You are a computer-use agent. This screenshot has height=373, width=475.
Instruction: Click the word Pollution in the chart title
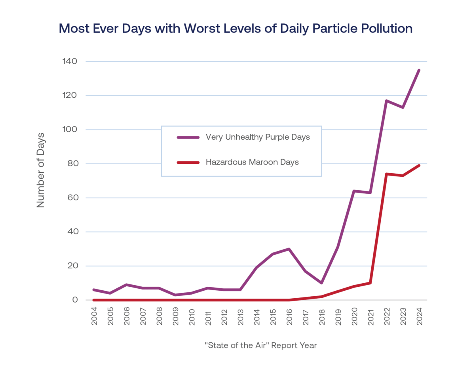(x=382, y=29)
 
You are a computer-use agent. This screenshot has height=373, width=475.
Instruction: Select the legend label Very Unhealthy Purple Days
(x=258, y=137)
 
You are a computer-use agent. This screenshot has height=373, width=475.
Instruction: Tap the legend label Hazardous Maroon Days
(x=252, y=162)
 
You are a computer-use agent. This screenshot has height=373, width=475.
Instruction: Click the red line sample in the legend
(x=188, y=162)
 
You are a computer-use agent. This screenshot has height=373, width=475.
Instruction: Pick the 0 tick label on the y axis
(x=74, y=300)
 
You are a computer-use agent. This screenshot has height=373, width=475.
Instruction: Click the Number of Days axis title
(x=41, y=170)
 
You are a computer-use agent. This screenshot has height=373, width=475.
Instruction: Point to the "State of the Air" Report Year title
(x=261, y=345)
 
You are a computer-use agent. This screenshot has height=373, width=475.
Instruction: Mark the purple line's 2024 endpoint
(x=419, y=70)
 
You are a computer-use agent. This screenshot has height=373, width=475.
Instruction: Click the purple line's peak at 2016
(x=289, y=249)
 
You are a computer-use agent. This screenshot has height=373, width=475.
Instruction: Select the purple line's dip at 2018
(x=322, y=283)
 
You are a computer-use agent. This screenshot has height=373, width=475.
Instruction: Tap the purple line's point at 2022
(x=387, y=100)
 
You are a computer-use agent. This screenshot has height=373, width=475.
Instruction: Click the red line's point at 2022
(x=387, y=174)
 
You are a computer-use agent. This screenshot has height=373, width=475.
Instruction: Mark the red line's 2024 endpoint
(x=419, y=165)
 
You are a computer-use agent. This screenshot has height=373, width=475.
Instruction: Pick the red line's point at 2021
(x=370, y=283)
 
